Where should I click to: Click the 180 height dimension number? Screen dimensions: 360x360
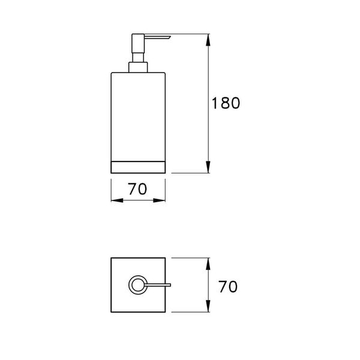226,103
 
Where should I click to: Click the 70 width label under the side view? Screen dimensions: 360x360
137,189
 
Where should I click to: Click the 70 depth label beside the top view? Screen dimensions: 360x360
228,287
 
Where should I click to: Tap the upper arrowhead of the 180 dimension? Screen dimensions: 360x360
208,40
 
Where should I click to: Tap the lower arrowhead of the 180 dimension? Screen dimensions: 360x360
208,167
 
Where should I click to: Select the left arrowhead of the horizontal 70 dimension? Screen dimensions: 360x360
117,200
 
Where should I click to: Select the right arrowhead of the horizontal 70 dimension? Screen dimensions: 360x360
160,200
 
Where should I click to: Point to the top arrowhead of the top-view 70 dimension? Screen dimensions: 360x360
208,263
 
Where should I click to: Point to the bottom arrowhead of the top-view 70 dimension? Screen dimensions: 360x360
208,306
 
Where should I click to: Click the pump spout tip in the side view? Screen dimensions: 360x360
170,36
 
